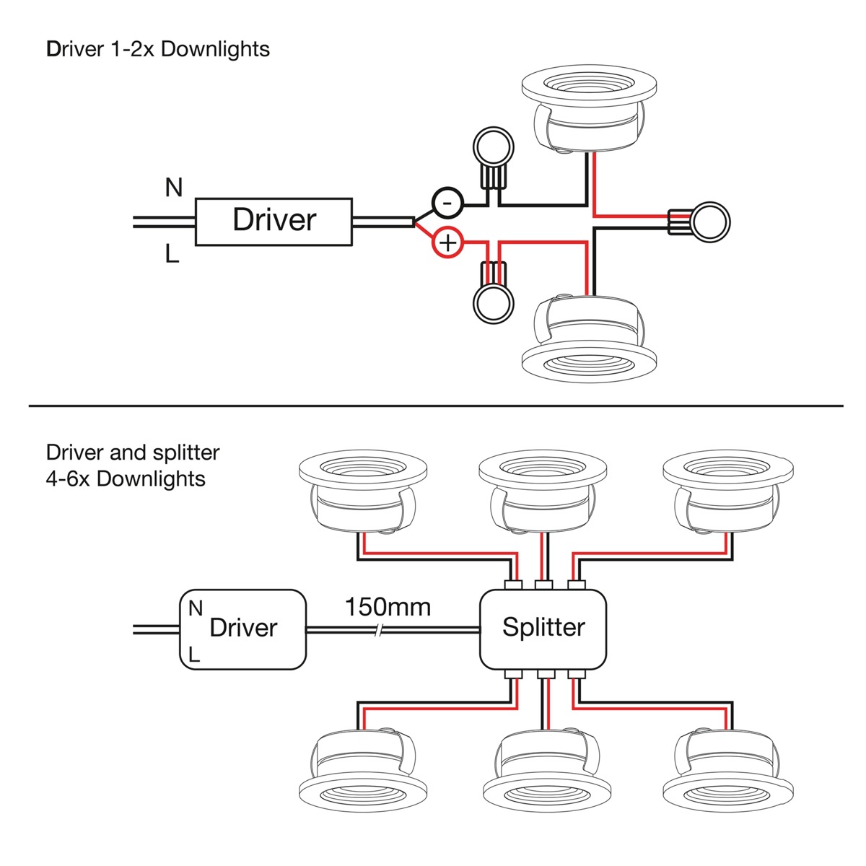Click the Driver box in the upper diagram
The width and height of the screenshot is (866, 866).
[274, 222]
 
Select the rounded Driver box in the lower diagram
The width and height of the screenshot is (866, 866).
[242, 629]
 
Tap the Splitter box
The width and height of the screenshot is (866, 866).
[543, 628]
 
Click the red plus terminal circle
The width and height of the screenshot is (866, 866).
[448, 243]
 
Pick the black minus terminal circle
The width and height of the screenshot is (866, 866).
[447, 203]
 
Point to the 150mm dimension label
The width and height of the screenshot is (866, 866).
[388, 607]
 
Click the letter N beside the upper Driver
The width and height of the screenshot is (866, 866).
[173, 188]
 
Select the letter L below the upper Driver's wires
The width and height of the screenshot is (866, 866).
[172, 254]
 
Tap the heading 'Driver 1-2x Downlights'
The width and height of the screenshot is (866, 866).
[158, 50]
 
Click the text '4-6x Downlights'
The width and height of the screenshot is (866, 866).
[126, 478]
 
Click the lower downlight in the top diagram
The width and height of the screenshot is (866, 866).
[589, 332]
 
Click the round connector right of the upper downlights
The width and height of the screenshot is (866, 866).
[709, 222]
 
